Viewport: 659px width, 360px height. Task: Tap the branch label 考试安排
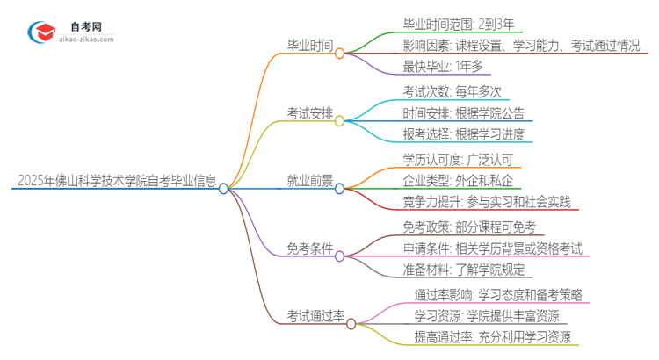tap(310, 113)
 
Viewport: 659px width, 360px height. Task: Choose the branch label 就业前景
tap(310, 181)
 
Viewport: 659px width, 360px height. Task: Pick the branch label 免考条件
tap(310, 248)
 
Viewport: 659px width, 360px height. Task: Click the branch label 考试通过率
tap(315, 316)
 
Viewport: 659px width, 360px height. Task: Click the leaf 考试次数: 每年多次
tap(440, 91)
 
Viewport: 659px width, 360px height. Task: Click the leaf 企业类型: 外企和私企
tap(445, 181)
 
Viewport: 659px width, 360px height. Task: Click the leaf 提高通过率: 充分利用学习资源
tap(492, 338)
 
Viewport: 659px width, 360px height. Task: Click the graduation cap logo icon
tap(40, 32)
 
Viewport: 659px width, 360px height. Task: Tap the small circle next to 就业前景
tap(340, 187)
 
